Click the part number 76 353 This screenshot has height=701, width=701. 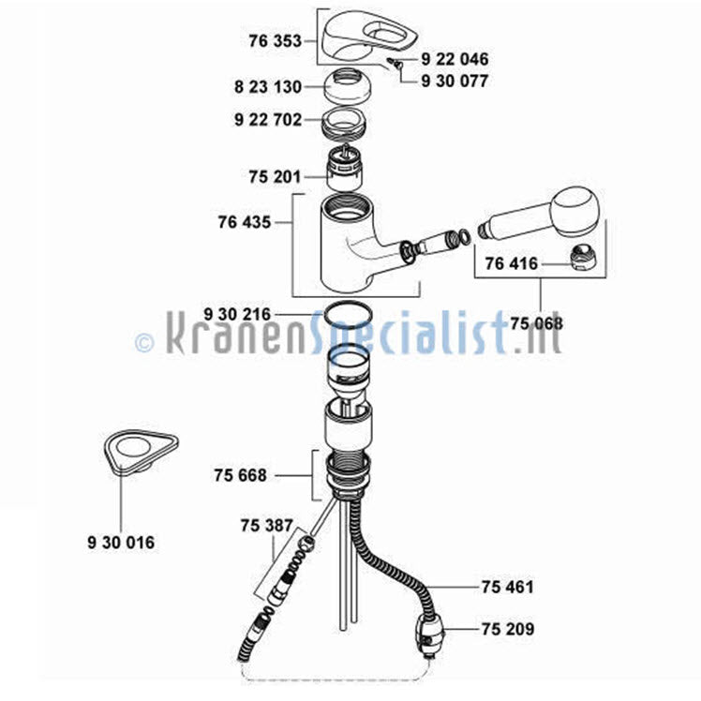click(276, 41)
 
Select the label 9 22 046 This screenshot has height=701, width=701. click(455, 59)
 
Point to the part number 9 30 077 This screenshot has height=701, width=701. click(455, 81)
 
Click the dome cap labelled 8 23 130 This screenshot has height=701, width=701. click(347, 86)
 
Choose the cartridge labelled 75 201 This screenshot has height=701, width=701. click(345, 170)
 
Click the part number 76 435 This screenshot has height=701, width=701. click(245, 222)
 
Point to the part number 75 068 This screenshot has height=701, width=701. click(536, 323)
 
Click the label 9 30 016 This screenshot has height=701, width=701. click(121, 543)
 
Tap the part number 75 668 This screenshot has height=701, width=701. click(241, 475)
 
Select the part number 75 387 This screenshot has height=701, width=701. click(266, 525)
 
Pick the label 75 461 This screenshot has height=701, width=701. click(508, 587)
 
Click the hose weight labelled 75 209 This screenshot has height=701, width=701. click(430, 632)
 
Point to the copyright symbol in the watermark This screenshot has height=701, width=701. click(144, 343)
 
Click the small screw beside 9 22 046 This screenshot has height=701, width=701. click(396, 63)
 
